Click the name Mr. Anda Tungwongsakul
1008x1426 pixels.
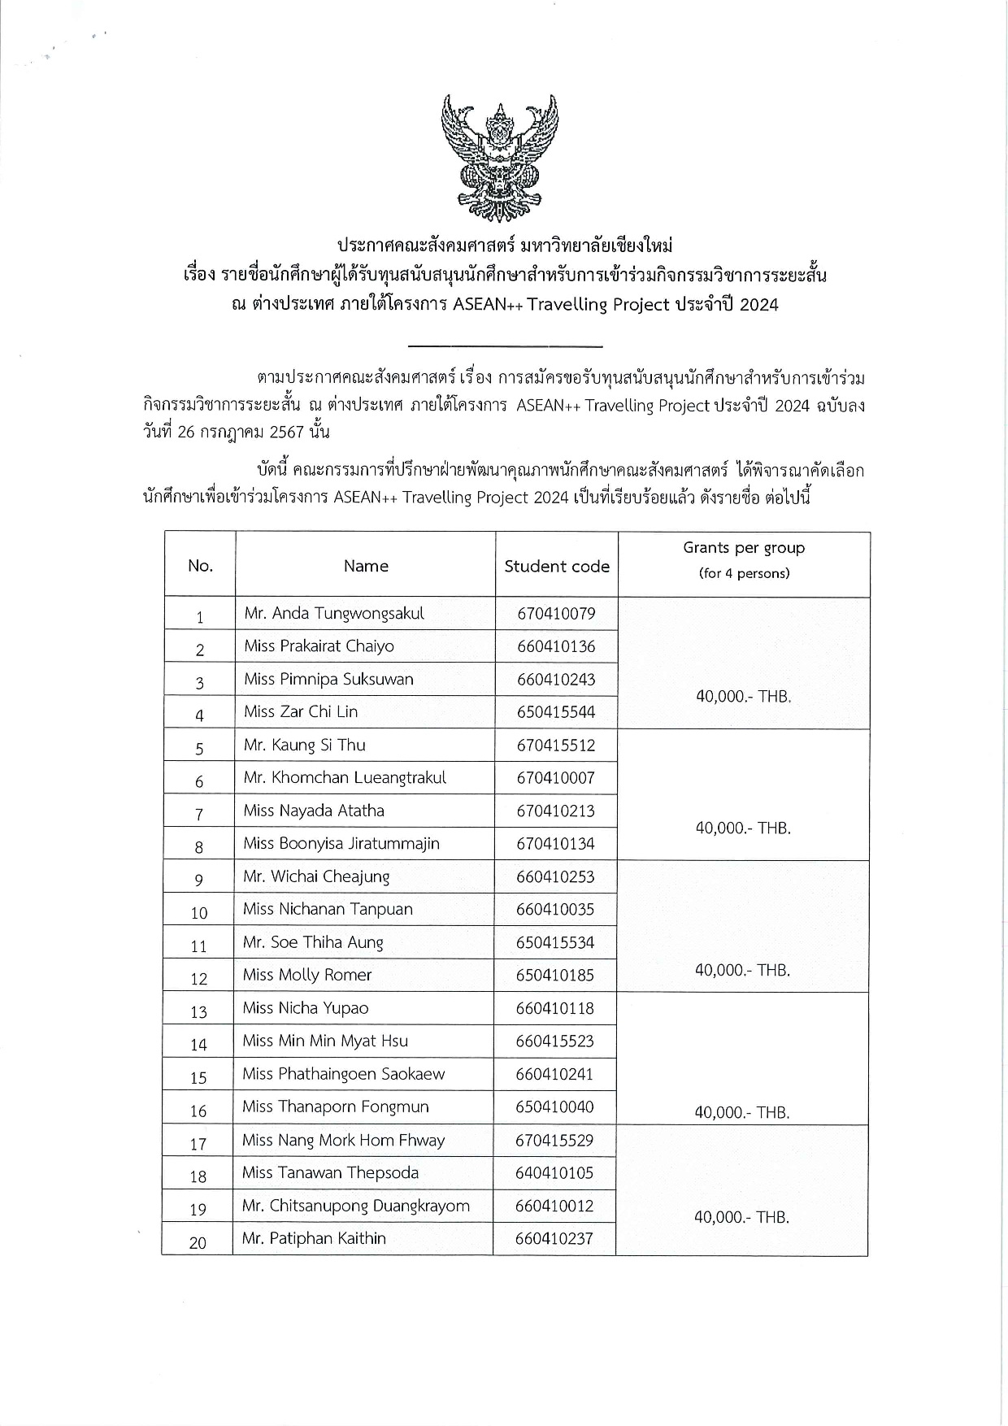click(x=334, y=614)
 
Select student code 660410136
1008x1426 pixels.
click(x=556, y=646)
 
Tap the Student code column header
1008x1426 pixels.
click(x=557, y=567)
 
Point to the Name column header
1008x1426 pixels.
click(x=366, y=566)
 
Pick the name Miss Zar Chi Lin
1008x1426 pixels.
click(x=301, y=711)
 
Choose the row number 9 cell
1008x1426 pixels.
click(x=199, y=879)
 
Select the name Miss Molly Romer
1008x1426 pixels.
click(x=307, y=975)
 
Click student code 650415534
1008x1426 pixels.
click(x=555, y=942)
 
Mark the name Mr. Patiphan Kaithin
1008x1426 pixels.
click(x=314, y=1238)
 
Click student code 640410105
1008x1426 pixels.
click(x=554, y=1172)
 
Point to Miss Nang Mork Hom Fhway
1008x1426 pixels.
click(x=343, y=1140)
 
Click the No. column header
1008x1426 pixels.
click(x=200, y=566)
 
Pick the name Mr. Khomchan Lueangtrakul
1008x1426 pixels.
click(x=345, y=777)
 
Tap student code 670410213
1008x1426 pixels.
click(x=555, y=811)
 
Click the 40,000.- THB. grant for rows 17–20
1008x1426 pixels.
click(x=741, y=1217)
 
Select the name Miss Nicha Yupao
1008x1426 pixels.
click(x=306, y=1008)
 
